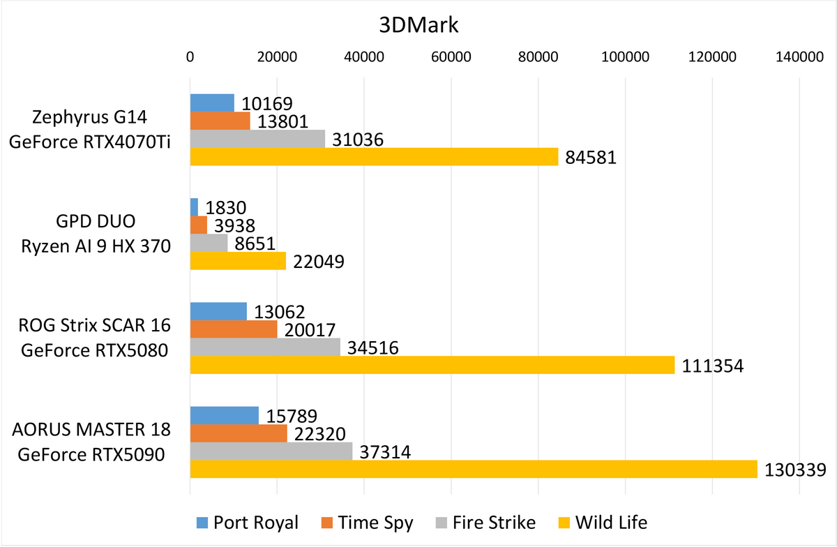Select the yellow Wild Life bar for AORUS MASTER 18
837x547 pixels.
click(x=474, y=470)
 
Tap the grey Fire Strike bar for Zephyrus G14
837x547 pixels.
click(x=257, y=139)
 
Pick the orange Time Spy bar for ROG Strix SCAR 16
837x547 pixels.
click(x=234, y=329)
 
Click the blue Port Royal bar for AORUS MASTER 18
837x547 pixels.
click(x=225, y=415)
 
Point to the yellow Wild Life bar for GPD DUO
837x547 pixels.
click(x=238, y=261)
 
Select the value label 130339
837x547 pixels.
click(x=794, y=470)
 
